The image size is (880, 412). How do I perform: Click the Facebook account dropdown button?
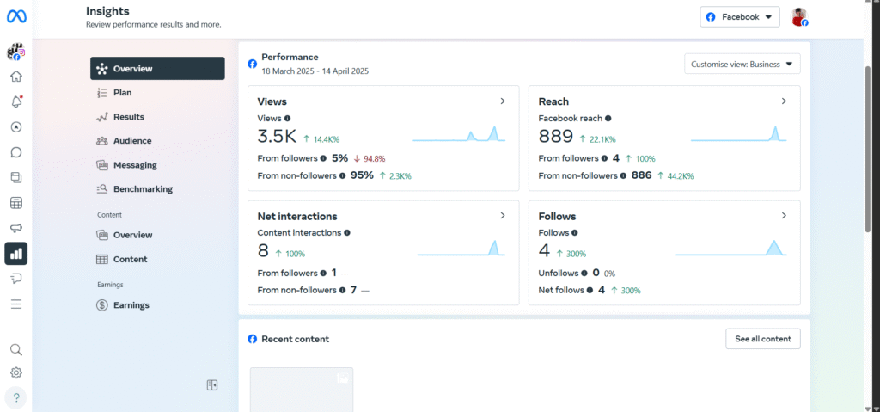click(x=740, y=16)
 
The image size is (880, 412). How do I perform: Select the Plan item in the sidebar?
click(x=122, y=92)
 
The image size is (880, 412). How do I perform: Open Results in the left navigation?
click(x=128, y=116)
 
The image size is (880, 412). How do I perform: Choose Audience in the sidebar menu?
click(x=131, y=140)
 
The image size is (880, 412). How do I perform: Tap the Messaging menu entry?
click(x=134, y=164)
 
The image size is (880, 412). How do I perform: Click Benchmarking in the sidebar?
click(x=142, y=188)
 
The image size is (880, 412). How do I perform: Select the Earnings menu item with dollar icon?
click(x=131, y=304)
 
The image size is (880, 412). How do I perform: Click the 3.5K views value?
click(x=277, y=137)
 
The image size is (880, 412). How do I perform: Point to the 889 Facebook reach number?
click(x=555, y=137)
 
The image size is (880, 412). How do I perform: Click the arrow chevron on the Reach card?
click(x=784, y=101)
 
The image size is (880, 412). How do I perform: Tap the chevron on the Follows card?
click(x=784, y=216)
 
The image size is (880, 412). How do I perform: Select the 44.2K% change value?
click(x=680, y=175)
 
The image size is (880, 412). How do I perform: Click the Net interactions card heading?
click(x=297, y=217)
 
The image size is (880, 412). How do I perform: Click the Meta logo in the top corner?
click(x=16, y=16)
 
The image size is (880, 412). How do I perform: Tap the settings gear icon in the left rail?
click(x=16, y=372)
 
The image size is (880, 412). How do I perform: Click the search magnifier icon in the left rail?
click(x=16, y=350)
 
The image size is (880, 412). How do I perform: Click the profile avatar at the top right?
click(x=799, y=16)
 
